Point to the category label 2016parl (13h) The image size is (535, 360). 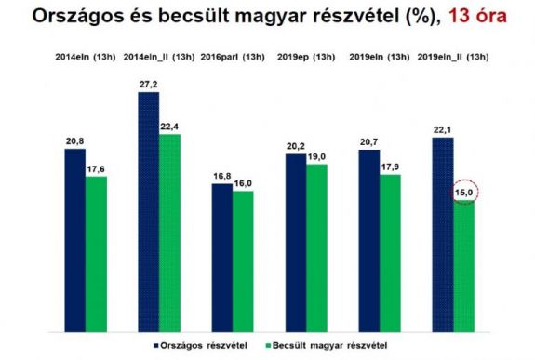click(233, 58)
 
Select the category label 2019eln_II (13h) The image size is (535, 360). click(453, 58)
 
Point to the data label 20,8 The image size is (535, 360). click(74, 140)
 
